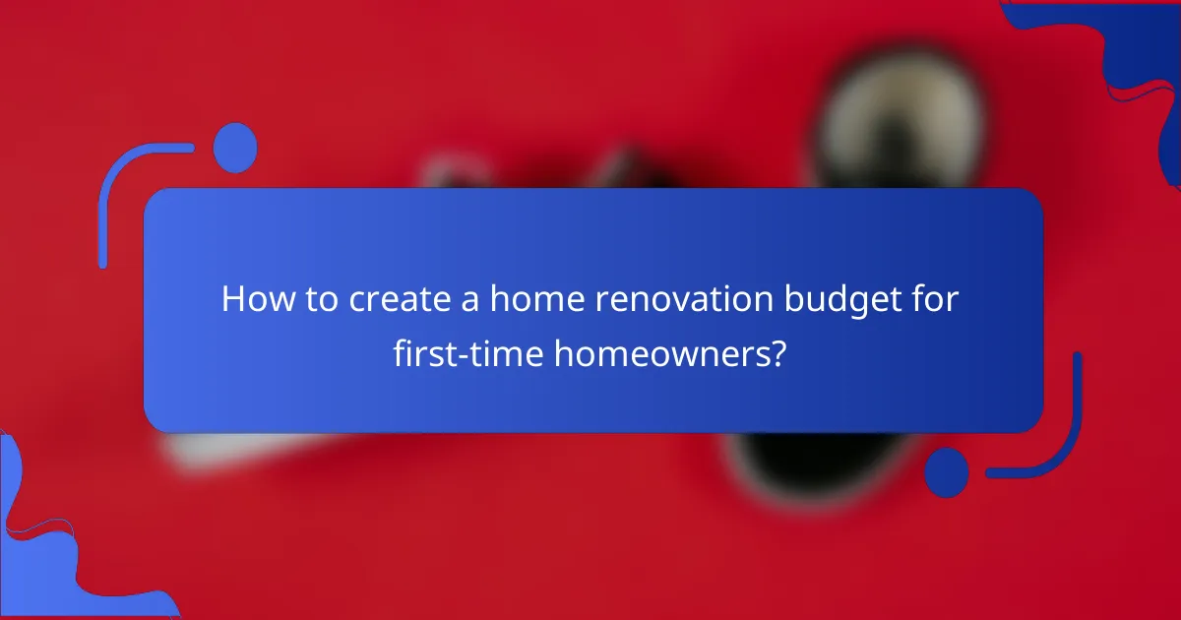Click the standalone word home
[x=534, y=299]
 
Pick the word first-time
[x=467, y=352]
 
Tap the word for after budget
[x=935, y=299]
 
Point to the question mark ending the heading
[x=777, y=352]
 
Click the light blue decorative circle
[x=235, y=148]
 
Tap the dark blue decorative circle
[x=947, y=470]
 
